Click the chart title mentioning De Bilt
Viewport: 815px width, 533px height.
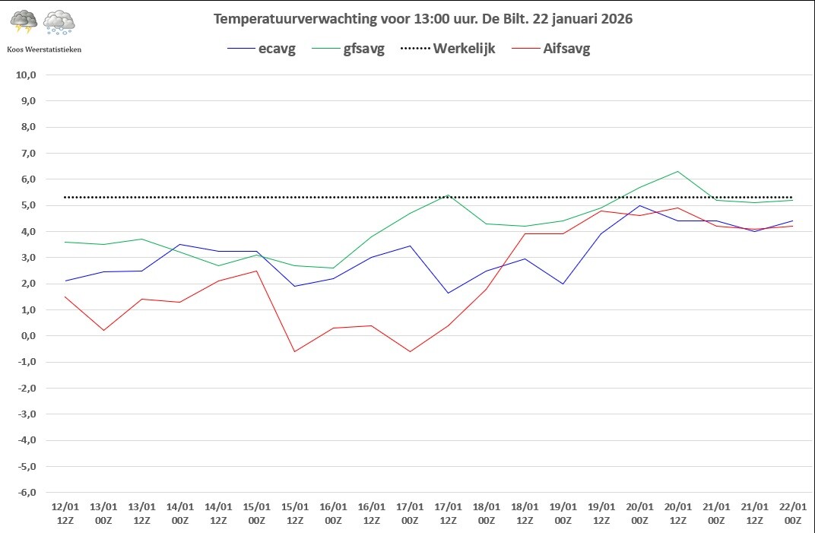(423, 19)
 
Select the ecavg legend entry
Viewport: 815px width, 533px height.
(262, 49)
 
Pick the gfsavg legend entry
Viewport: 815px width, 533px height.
(348, 49)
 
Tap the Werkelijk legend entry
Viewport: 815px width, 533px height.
(448, 49)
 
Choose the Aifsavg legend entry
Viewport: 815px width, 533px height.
(551, 49)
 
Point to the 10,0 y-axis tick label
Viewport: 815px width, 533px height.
(26, 75)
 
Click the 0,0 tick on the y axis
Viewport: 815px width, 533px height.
(29, 336)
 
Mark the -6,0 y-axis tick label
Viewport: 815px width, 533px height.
(27, 493)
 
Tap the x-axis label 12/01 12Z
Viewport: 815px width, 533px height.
(65, 513)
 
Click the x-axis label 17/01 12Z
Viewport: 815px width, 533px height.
(448, 513)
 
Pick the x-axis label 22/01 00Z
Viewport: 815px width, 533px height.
(793, 513)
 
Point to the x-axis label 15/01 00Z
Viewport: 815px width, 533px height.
(257, 513)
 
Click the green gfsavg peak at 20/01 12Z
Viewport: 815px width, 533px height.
(678, 171)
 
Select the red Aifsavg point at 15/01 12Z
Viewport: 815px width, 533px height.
(295, 351)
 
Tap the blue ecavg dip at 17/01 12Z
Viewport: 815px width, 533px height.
(448, 293)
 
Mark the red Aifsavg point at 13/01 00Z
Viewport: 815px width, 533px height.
(103, 330)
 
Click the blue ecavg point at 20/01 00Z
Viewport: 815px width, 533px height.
(639, 205)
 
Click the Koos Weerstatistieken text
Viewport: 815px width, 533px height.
(44, 49)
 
